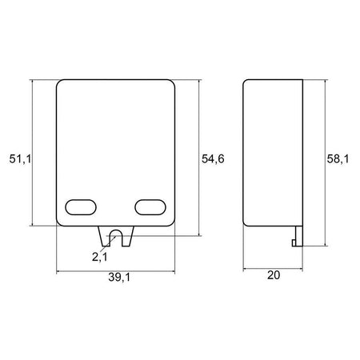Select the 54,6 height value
[212, 160]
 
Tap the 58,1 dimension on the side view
[340, 160]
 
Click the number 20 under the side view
[274, 274]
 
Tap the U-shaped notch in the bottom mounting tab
[115, 236]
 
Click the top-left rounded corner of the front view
[61, 84]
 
